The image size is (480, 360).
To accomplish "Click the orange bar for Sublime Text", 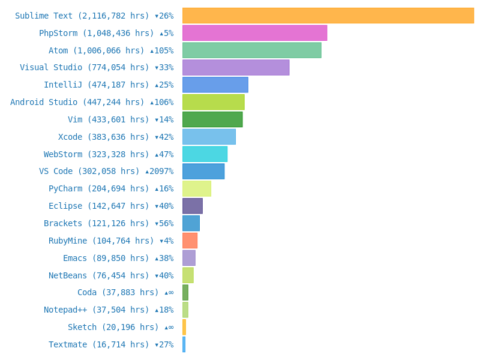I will (x=328, y=16).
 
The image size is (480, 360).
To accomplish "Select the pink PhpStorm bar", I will (x=254, y=33).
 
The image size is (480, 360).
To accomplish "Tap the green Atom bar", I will (x=251, y=50).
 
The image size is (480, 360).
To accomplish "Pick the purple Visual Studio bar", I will (x=235, y=67).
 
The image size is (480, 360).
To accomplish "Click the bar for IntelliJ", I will (x=215, y=85).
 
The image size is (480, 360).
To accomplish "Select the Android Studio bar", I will (x=213, y=102).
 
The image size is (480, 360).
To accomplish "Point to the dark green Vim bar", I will (x=212, y=119).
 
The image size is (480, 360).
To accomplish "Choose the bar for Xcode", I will (x=209, y=137).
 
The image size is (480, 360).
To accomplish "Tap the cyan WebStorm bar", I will (x=205, y=154).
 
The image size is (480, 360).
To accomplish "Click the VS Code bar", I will (x=203, y=172).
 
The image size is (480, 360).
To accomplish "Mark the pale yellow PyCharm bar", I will (x=197, y=188).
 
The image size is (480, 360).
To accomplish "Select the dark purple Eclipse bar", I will (x=193, y=206).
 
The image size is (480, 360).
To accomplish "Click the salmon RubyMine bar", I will (x=190, y=241).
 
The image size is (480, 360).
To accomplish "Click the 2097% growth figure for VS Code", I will (x=160, y=172).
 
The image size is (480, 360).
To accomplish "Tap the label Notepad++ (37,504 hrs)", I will (x=96, y=310).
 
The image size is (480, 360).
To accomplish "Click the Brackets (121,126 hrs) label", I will (x=96, y=224).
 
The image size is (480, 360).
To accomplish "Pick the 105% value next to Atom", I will (x=162, y=50).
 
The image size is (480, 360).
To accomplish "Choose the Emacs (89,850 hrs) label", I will (x=106, y=259).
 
